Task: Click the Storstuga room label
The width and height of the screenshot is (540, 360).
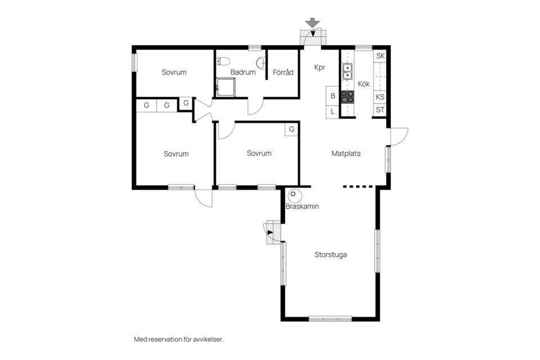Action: tap(330, 255)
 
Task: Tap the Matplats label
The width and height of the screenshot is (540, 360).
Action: tap(346, 153)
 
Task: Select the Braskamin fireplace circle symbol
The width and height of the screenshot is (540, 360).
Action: tap(294, 195)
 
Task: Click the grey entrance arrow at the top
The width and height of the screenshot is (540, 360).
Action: tap(313, 23)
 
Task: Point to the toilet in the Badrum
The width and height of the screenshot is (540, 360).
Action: tap(223, 61)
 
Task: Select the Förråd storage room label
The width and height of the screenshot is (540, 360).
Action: tap(283, 73)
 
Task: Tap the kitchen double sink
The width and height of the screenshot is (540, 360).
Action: tap(348, 71)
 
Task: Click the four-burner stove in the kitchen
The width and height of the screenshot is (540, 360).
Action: tap(348, 96)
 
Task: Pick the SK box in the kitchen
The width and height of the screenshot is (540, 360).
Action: tap(380, 56)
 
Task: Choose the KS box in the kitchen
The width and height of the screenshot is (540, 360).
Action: tap(380, 96)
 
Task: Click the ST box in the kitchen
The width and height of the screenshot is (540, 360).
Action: tap(380, 110)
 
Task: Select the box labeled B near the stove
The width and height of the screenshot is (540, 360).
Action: tap(332, 96)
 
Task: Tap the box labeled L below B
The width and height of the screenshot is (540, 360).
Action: tap(332, 111)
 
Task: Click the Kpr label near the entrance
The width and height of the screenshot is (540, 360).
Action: tap(319, 67)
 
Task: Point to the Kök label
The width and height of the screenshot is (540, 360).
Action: tap(364, 84)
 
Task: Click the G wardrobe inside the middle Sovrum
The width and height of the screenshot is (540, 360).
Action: tap(291, 129)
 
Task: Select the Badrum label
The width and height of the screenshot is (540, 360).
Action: tap(243, 73)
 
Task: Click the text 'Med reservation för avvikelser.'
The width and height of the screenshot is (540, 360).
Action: tap(182, 339)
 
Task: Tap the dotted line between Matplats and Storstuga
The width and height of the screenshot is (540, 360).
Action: tap(358, 187)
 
